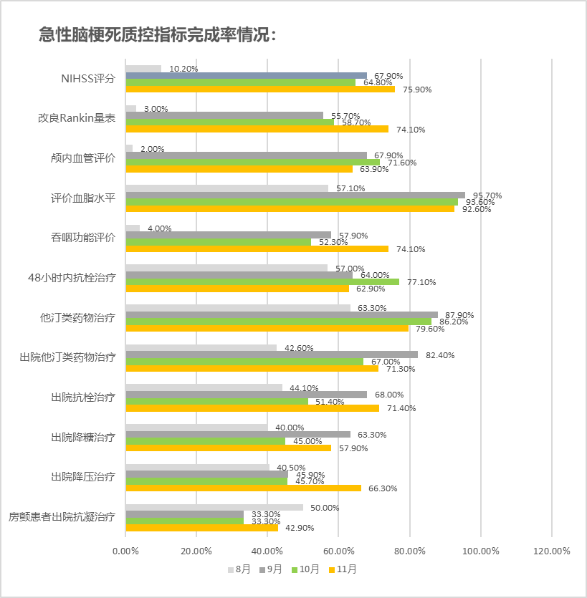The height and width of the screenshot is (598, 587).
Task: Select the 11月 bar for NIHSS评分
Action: coord(260,89)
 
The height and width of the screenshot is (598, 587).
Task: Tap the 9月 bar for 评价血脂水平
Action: coord(295,195)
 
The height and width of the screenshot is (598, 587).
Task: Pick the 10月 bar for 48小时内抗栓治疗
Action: coord(262,281)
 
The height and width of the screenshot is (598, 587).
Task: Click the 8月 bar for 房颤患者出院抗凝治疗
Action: coord(214,508)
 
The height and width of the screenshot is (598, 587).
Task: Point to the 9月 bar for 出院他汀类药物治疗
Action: coord(272,355)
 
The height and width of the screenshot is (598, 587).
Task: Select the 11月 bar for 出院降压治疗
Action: coord(243,488)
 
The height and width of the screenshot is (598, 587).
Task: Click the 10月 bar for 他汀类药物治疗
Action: coord(278,322)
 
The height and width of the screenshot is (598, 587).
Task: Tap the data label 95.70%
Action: coord(488,196)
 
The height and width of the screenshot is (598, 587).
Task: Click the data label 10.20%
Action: coord(183,69)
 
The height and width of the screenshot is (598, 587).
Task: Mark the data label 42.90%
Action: coord(300,528)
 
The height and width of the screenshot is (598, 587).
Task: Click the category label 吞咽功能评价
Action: coord(83,237)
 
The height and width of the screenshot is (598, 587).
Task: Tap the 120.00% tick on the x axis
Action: coord(551,551)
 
